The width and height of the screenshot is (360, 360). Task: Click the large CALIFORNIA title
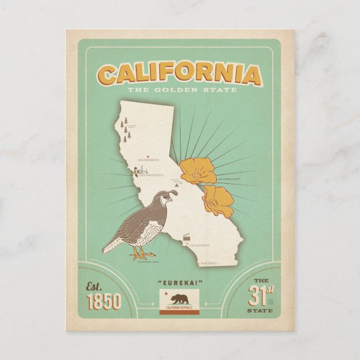pyautogui.click(x=179, y=75)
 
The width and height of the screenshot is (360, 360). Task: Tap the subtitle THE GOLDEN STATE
pyautogui.click(x=182, y=89)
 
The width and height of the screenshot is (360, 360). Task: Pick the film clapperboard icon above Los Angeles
pyautogui.click(x=187, y=237)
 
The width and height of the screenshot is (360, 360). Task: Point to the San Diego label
pyautogui.click(x=209, y=263)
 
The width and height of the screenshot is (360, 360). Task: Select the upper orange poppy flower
pyautogui.click(x=197, y=169)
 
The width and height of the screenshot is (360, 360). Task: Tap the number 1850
pyautogui.click(x=104, y=302)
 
